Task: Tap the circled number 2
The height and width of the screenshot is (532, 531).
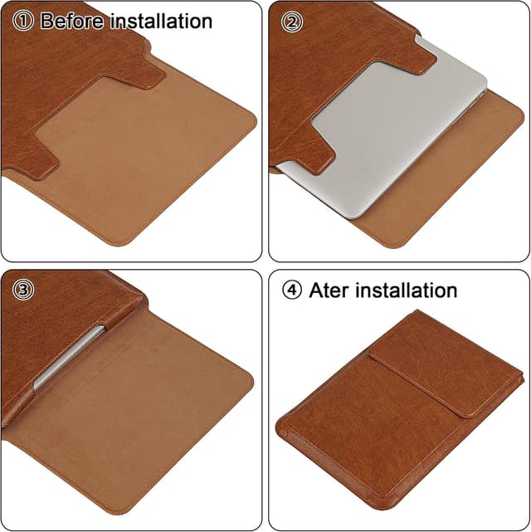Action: coord(290,22)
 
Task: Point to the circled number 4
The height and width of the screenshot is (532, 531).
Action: coord(292,290)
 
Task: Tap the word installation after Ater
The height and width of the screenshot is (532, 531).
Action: coord(405,290)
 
